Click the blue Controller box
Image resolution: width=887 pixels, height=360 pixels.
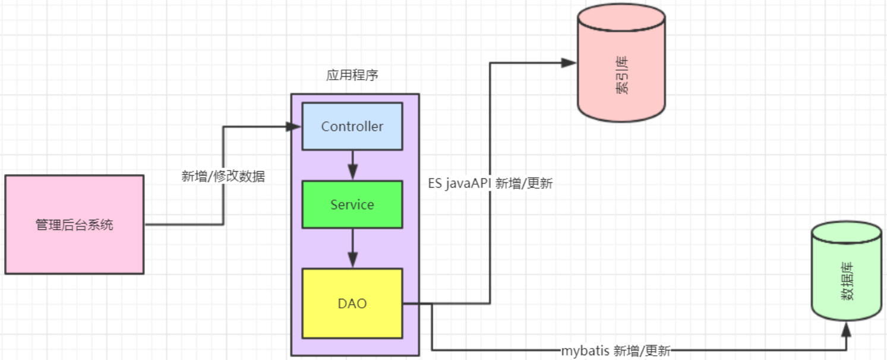pos(352,126)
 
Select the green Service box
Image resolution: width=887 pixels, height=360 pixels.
pos(352,204)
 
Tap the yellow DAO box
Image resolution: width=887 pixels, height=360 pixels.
pos(352,304)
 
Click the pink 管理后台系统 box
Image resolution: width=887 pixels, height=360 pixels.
pos(74,225)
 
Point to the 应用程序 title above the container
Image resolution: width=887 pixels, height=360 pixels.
pos(352,76)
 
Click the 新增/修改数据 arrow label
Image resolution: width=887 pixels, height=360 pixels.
pos(223,176)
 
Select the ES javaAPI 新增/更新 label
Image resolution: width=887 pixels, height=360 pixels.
pos(491,184)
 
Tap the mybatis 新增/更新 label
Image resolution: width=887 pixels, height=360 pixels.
pos(615,351)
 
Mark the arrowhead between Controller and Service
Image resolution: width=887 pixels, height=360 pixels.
pos(352,173)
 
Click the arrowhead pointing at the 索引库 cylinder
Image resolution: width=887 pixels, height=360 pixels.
pos(569,62)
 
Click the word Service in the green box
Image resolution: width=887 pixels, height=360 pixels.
pos(352,204)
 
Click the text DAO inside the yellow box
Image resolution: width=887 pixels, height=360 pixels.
pos(352,304)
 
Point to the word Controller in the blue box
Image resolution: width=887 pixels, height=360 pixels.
pos(352,126)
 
